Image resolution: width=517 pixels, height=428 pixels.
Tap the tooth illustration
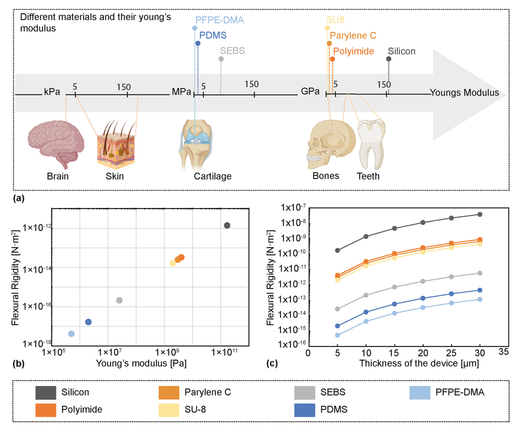pyautogui.click(x=371, y=144)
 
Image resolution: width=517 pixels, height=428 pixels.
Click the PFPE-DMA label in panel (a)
pyautogui.click(x=219, y=20)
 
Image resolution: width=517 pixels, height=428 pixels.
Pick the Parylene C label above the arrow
pyautogui.click(x=353, y=36)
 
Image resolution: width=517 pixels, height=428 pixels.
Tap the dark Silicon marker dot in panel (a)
pyautogui.click(x=389, y=59)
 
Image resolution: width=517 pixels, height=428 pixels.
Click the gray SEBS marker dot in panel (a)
pyautogui.click(x=221, y=59)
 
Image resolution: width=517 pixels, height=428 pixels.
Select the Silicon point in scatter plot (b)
pyautogui.click(x=227, y=225)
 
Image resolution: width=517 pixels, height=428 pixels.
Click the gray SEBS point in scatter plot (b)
pyautogui.click(x=119, y=300)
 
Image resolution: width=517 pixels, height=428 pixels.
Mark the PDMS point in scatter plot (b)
pyautogui.click(x=88, y=322)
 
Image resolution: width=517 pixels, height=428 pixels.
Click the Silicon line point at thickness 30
pyautogui.click(x=480, y=214)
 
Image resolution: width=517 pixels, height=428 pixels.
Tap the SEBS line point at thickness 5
pyautogui.click(x=338, y=309)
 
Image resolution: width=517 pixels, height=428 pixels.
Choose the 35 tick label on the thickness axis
pyautogui.click(x=503, y=352)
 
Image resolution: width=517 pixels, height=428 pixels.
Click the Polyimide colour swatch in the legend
pyautogui.click(x=46, y=410)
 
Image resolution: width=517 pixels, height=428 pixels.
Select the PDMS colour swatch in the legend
pyautogui.click(x=305, y=410)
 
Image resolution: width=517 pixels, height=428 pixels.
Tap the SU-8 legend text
pyautogui.click(x=195, y=410)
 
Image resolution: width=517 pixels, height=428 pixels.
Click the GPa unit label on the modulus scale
pyautogui.click(x=310, y=92)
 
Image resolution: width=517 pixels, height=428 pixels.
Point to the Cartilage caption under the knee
pyautogui.click(x=212, y=176)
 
